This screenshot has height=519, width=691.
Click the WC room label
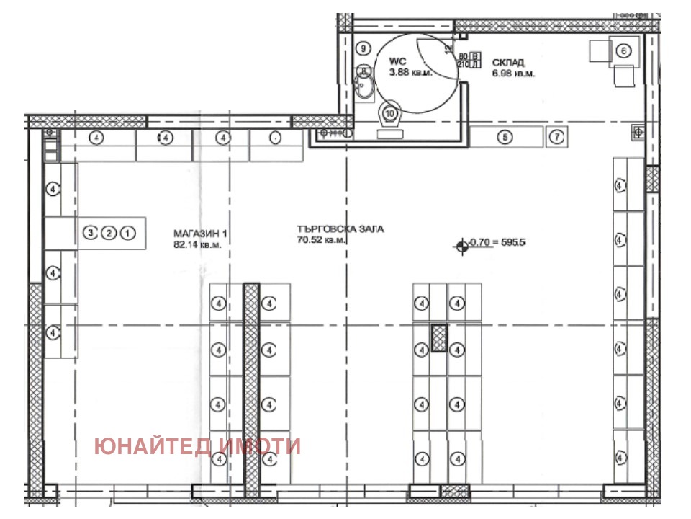tap(398, 62)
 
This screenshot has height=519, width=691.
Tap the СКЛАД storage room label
tap(507, 63)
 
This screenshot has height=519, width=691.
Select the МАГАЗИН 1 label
tap(200, 234)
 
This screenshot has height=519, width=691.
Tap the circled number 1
tap(127, 233)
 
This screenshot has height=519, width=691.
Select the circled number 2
tap(109, 233)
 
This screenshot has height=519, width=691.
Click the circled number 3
tap(91, 233)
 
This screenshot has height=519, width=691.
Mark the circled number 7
tap(556, 136)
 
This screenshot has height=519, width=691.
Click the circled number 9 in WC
tap(363, 48)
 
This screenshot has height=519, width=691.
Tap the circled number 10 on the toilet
tap(390, 113)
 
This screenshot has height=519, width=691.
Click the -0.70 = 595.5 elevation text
tap(497, 243)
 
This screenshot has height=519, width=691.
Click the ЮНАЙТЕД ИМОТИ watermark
tap(197, 447)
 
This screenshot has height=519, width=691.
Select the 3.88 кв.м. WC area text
tap(410, 73)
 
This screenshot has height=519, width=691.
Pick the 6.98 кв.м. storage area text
tap(515, 74)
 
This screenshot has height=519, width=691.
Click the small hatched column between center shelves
tap(439, 338)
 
